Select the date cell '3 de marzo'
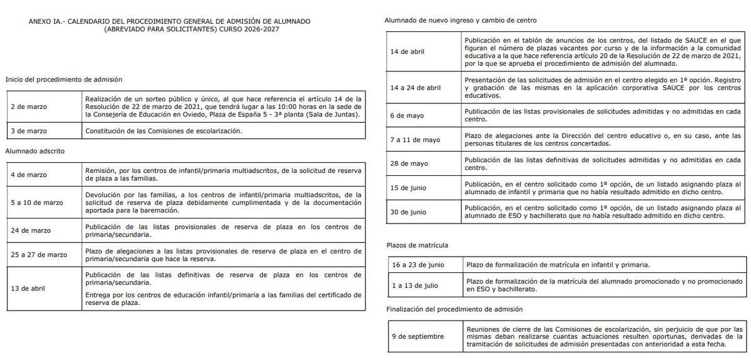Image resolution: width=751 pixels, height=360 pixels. click(29, 131)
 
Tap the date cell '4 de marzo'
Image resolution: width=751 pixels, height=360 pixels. click(29, 175)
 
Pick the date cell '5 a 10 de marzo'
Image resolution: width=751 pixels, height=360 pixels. click(37, 203)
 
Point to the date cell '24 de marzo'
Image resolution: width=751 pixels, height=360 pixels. click(31, 230)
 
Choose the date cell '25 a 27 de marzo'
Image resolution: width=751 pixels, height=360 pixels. click(39, 255)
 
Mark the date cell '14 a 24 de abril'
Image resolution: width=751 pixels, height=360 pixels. click(416, 88)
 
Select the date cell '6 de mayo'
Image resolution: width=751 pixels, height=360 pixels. click(407, 115)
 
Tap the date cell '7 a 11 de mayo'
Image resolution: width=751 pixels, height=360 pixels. click(416, 140)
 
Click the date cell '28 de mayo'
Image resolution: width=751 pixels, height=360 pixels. click(409, 163)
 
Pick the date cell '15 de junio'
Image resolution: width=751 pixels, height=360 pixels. click(409, 188)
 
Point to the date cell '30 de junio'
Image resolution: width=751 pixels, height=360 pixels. click(409, 212)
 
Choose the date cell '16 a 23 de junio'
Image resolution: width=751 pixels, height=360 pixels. click(417, 264)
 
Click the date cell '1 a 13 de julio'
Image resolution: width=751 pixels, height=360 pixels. click(414, 285)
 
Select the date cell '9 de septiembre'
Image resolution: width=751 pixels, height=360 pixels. click(417, 336)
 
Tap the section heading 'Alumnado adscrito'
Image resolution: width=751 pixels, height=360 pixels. click(34, 151)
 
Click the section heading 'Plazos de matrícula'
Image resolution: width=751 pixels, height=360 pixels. click(417, 245)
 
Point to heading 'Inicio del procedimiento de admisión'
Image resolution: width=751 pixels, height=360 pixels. click(64, 80)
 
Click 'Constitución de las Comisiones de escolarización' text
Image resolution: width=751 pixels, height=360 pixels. click(163, 131)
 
